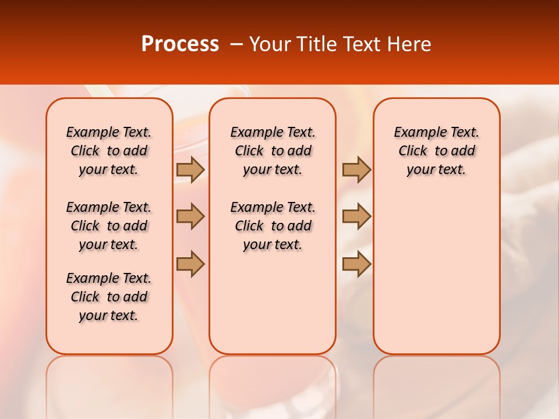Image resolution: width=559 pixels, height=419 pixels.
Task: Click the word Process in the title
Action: tap(180, 44)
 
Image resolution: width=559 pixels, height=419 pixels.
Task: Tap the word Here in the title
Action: tap(409, 44)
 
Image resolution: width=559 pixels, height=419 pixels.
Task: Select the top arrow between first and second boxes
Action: tap(190, 169)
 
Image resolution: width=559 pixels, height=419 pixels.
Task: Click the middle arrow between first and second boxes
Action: tap(190, 216)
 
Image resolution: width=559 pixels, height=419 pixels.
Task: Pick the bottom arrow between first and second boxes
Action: tap(190, 264)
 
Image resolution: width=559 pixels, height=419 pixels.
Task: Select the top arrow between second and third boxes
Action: tap(356, 169)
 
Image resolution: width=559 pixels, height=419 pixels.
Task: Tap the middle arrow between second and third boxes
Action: tap(356, 216)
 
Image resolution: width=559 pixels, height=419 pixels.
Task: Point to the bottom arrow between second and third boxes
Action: tap(356, 264)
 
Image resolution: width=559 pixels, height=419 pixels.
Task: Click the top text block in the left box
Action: tap(109, 151)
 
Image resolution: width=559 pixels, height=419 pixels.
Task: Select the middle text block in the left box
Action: tap(109, 226)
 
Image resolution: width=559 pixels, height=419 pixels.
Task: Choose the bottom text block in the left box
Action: tap(109, 297)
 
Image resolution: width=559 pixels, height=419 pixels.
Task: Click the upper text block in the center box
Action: tap(273, 151)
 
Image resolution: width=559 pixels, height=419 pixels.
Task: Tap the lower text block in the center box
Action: tap(273, 226)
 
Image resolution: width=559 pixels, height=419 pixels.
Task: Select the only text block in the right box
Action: tap(436, 151)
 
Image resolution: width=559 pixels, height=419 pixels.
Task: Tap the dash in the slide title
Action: tap(237, 44)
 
